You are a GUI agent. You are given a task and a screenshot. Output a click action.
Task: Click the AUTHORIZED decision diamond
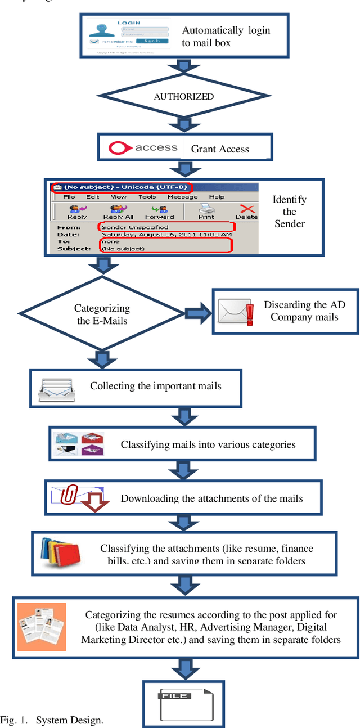point(184,96)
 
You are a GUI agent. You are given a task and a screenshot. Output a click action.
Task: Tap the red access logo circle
point(119,148)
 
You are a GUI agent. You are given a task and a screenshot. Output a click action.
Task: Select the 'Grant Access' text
point(219,149)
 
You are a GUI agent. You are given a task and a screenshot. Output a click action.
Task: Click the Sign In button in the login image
point(151,41)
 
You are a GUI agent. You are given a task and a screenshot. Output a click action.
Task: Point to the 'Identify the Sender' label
point(289,212)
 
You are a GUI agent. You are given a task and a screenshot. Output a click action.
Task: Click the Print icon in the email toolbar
point(206,212)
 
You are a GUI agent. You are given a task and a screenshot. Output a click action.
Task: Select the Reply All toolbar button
point(118,212)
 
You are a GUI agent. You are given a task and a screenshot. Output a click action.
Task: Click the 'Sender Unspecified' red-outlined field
point(166,227)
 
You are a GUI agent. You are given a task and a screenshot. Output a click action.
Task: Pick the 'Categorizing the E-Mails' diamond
point(102,314)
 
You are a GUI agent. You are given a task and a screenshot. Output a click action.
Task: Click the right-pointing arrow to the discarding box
point(196,314)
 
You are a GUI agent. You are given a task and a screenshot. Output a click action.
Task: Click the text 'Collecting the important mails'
point(155,386)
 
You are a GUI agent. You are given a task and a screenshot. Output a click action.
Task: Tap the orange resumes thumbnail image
point(42,627)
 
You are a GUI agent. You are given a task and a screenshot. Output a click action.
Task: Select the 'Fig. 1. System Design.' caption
point(52,720)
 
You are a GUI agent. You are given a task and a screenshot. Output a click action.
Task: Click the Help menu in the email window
point(217,197)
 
